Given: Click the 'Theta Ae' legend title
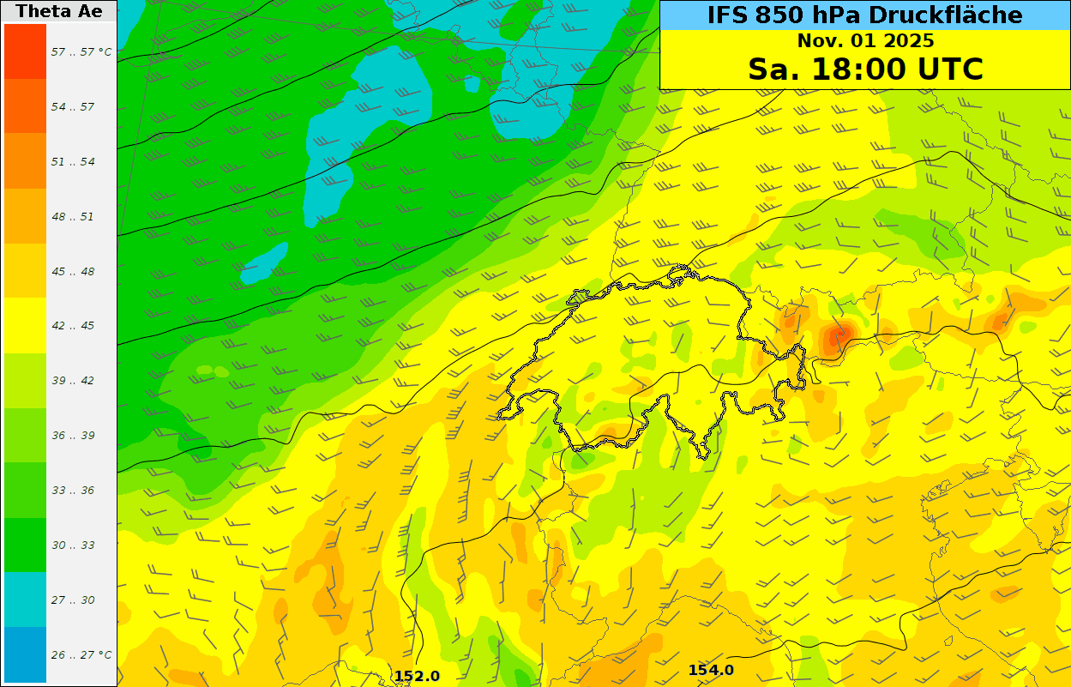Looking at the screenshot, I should coord(58,11).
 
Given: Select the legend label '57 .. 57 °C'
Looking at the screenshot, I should coord(81,52).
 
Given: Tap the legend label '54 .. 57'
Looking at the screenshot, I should coord(73,107).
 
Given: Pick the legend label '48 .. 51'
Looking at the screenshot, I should coord(73,217).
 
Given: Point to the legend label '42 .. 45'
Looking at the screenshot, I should coord(73,326).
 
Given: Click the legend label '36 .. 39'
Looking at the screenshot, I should coord(73,436).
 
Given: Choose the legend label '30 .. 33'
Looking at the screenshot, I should coord(73,545).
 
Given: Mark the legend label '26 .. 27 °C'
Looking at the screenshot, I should coord(81,655).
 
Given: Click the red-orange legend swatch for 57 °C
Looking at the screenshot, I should coord(25,51).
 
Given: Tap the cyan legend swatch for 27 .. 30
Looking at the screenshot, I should coord(25,600).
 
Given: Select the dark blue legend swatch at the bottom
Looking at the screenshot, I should coord(25,654).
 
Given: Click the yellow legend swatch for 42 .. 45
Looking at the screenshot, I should coord(25,326).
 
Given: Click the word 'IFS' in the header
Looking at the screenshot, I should coord(728,15).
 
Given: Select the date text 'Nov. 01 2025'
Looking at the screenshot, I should coord(865,40).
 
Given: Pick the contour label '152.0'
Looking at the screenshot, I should coord(417,676).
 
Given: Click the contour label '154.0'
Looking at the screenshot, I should coord(711,670).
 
